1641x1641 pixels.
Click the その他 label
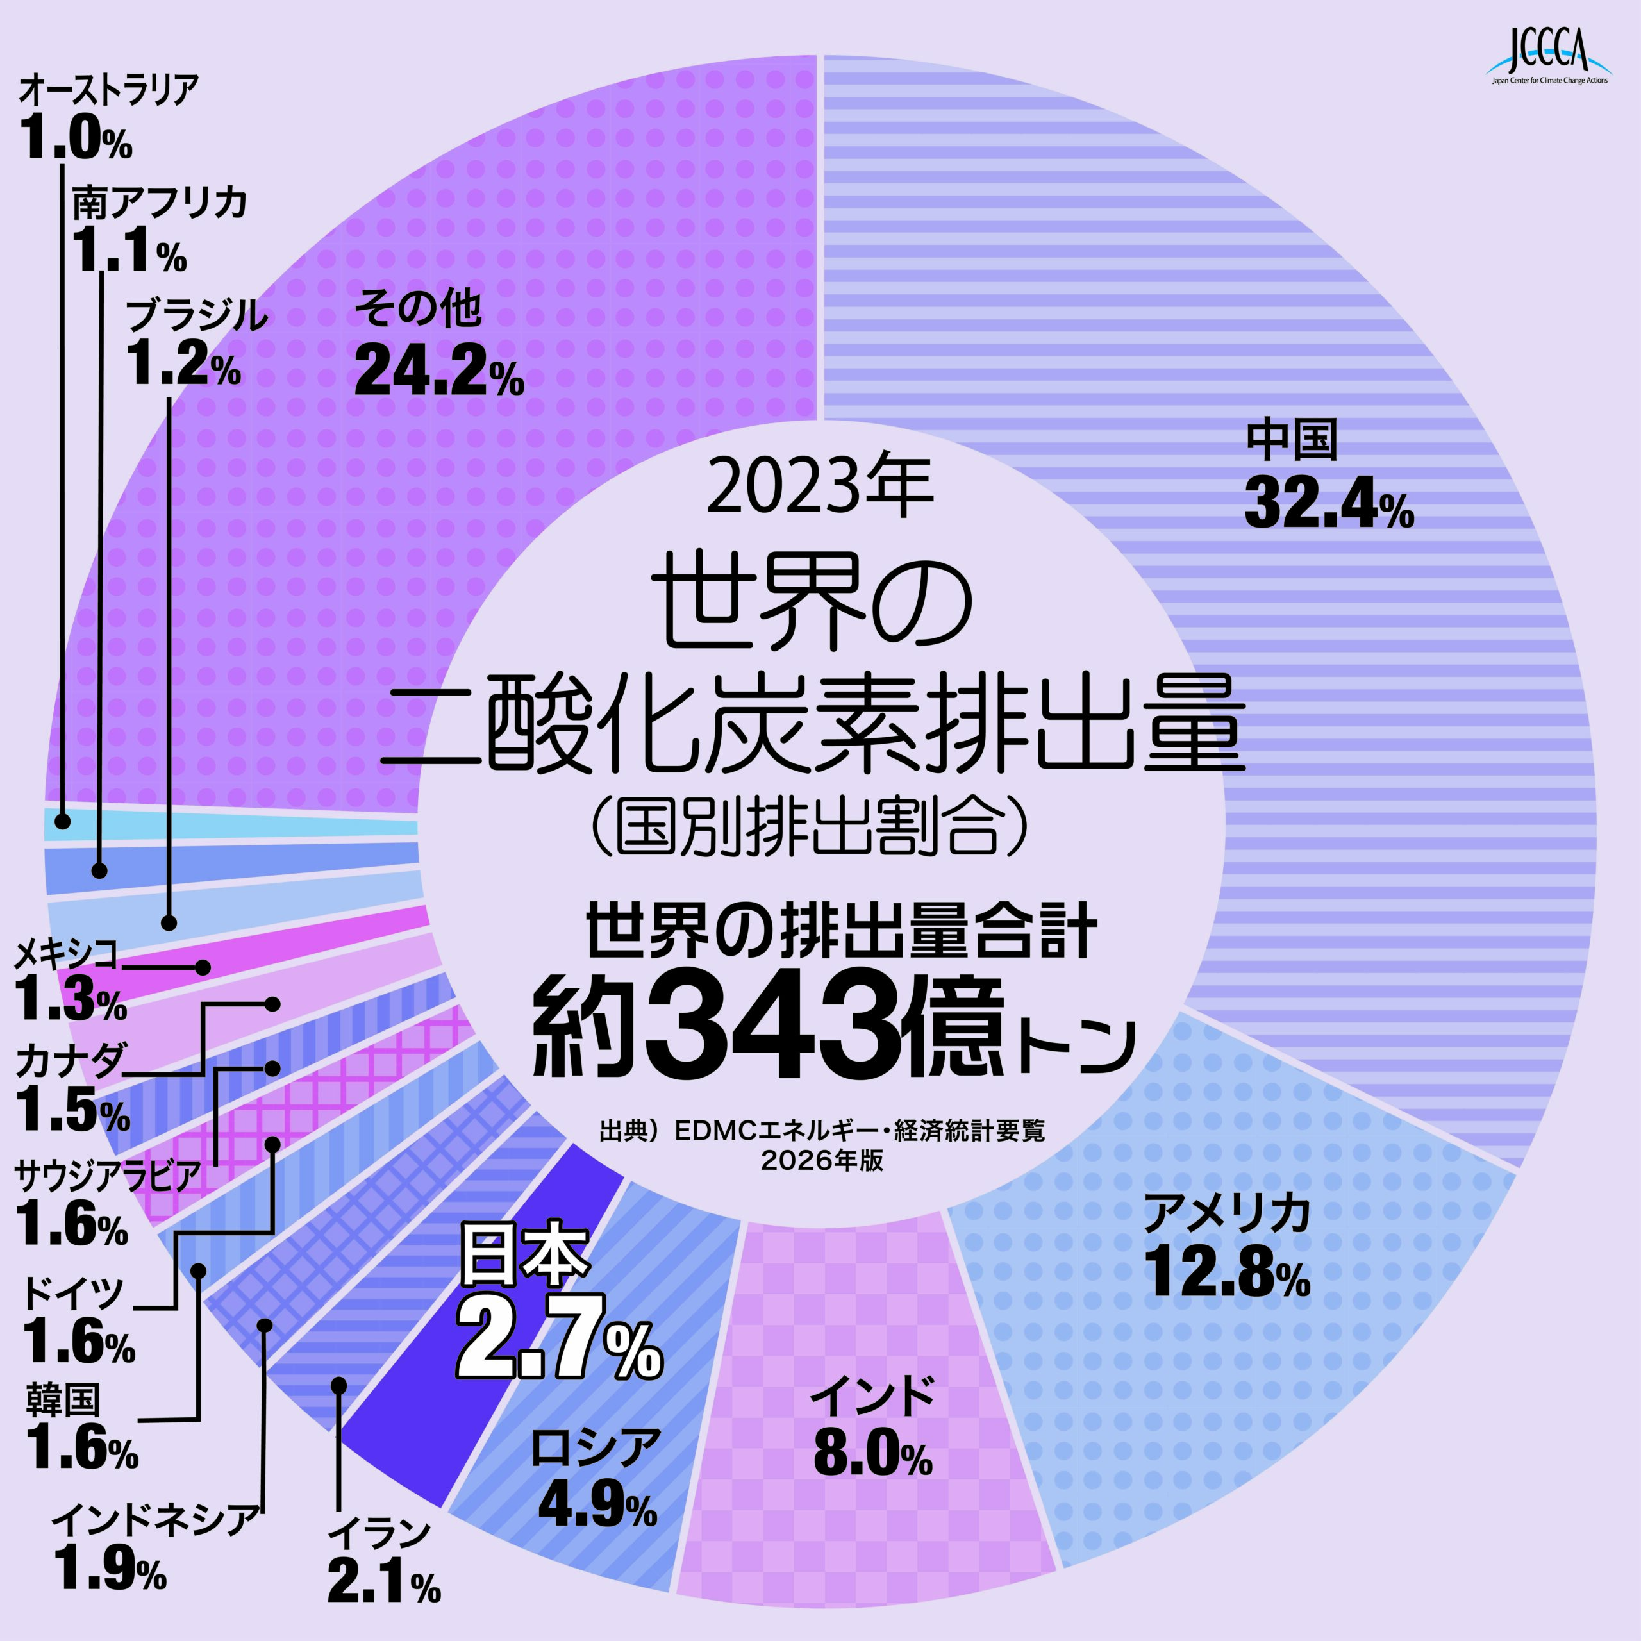coord(418,308)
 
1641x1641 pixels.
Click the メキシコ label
coord(65,956)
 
